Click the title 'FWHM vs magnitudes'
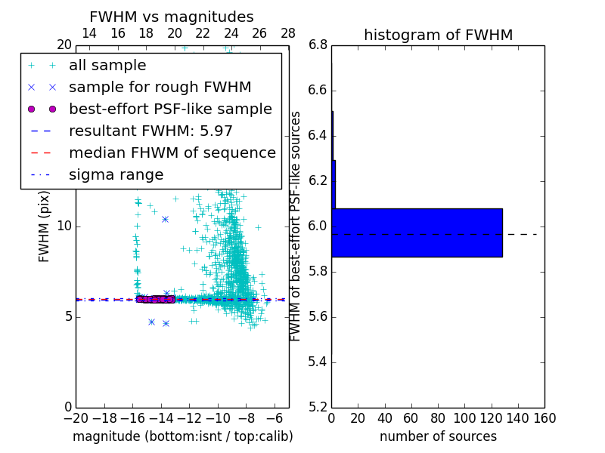172,17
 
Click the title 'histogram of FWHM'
438,35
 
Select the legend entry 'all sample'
107,66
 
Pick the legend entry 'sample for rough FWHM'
160,87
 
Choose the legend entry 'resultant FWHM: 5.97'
150,131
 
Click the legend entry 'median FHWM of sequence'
172,153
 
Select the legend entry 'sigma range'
116,174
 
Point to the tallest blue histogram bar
417,233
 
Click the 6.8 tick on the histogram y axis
318,45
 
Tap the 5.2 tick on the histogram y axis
318,407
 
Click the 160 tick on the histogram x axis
544,418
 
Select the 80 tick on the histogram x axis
438,418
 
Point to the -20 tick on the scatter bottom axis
76,418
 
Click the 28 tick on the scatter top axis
288,33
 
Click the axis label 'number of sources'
438,436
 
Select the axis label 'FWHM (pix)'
45,226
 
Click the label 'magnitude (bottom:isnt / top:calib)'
182,436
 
